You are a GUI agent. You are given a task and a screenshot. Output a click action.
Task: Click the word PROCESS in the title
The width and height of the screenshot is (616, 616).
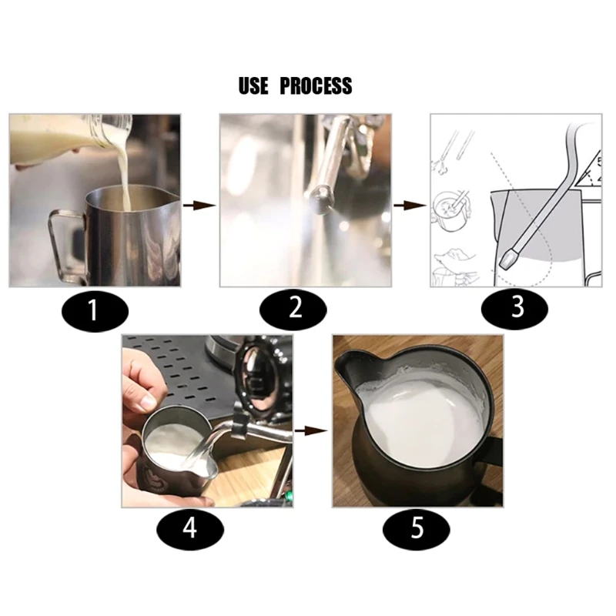(x=316, y=85)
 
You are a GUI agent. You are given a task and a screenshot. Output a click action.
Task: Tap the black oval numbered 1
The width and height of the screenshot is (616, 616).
(x=92, y=310)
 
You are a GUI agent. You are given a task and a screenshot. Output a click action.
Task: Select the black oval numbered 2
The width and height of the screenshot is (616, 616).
(x=296, y=310)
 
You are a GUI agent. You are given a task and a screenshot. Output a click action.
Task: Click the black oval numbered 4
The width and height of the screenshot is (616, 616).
(x=189, y=530)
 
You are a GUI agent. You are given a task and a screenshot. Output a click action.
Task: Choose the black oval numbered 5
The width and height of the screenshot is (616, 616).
(x=417, y=531)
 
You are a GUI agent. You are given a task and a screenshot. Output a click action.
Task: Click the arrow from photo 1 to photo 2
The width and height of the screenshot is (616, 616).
(x=199, y=206)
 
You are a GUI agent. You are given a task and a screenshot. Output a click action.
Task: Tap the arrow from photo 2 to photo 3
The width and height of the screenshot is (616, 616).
(x=410, y=206)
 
